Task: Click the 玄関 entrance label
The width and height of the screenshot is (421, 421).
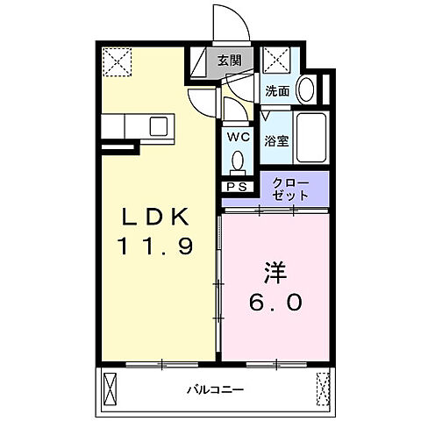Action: pos(231,61)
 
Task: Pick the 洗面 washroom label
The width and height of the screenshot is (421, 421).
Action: pos(277,89)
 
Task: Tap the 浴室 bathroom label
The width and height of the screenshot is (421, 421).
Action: pos(277,140)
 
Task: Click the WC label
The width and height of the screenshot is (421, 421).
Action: pos(239,138)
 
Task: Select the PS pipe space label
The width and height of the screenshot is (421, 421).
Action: pos(237,187)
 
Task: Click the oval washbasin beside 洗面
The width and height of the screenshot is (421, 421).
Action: pos(306,88)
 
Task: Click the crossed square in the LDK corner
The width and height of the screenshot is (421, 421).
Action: pos(114,61)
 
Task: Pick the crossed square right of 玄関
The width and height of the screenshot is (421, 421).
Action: pos(277,61)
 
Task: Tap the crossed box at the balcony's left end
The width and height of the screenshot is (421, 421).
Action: pos(111,386)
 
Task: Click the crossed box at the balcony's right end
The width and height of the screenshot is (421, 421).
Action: pos(323,386)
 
